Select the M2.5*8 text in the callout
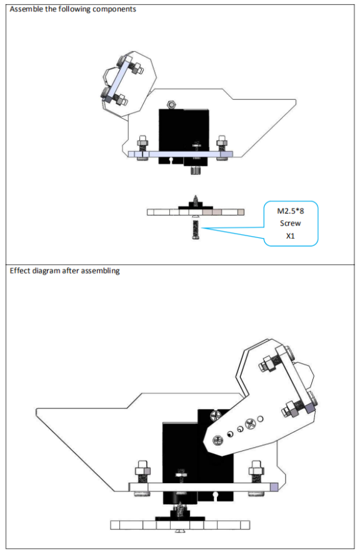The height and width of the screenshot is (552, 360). coord(291,211)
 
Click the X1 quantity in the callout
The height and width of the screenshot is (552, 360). coord(290,236)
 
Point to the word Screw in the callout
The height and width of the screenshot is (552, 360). coord(290,223)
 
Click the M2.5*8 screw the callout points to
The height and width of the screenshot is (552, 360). coord(196,229)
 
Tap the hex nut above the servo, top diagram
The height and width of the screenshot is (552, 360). coord(171,104)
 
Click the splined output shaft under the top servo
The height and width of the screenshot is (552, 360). coord(196,170)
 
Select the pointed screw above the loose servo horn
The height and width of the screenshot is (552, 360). coord(196,200)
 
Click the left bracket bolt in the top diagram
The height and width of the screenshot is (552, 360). coord(142,147)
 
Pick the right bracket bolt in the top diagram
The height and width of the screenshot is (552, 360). coord(222,147)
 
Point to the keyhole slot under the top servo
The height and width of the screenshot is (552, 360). coord(171,160)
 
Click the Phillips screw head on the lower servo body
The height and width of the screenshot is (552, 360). coord(214,415)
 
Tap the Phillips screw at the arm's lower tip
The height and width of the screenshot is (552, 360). coord(217,440)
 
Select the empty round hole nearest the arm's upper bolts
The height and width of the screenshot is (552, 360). coord(261,419)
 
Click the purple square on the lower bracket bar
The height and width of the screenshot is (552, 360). coord(274,487)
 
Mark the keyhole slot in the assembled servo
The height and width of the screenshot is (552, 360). coord(215,496)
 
